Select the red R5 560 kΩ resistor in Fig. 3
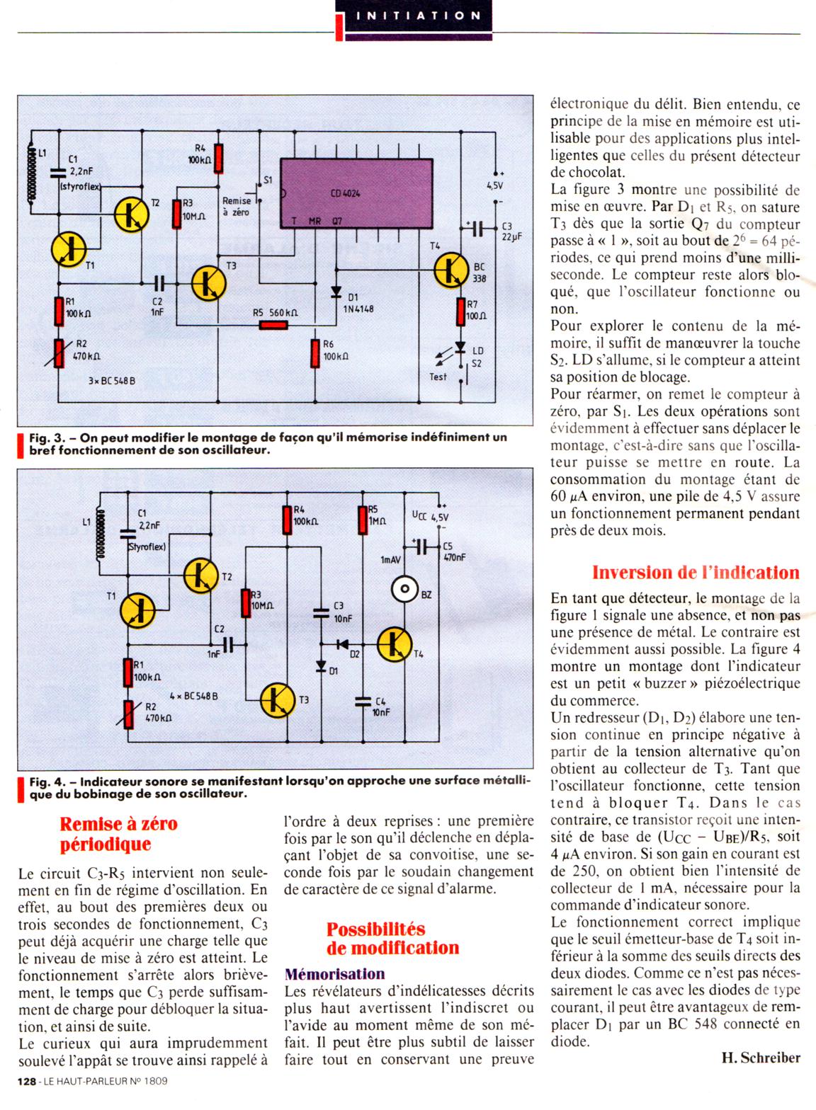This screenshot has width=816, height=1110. tap(273, 325)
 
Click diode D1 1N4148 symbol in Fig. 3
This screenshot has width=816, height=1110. tap(334, 294)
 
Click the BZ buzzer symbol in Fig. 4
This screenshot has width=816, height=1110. tap(405, 589)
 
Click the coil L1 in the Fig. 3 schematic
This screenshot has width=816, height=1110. tap(30, 173)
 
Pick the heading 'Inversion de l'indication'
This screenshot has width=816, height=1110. tap(696, 572)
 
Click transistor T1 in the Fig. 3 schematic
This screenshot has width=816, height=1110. tap(69, 248)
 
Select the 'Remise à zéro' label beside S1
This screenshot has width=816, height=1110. tap(237, 207)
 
